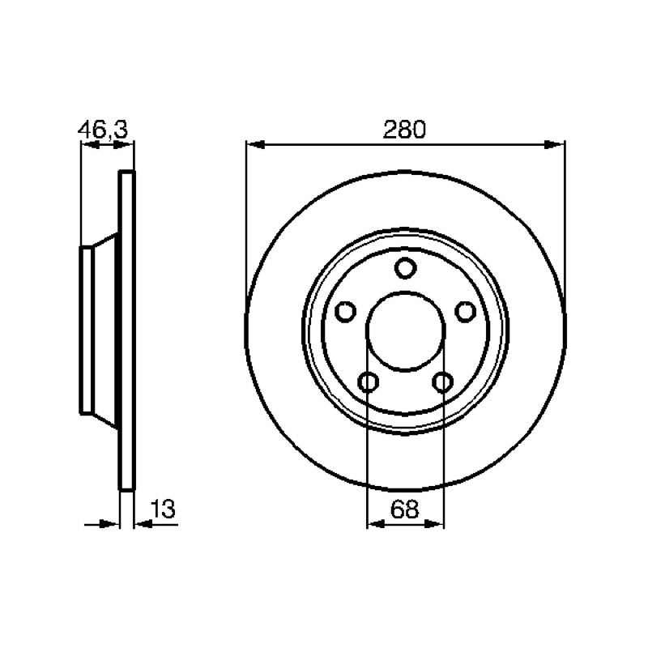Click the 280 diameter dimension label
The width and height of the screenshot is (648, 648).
point(404,130)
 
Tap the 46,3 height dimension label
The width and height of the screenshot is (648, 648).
point(103,130)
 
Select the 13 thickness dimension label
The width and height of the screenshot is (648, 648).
point(163,509)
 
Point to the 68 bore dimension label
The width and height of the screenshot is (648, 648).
point(404,509)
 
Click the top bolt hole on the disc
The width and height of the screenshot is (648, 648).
point(405,268)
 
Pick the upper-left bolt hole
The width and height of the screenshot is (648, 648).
point(345,312)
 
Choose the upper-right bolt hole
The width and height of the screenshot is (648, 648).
point(465,312)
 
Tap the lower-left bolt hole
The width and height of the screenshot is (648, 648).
point(368,382)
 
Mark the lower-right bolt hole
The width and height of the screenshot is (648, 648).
point(442,382)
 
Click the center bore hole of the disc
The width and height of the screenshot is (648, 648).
point(406,330)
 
